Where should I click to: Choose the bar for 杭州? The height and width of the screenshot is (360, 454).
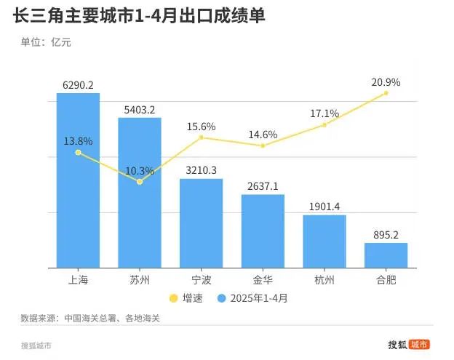[x=324, y=241]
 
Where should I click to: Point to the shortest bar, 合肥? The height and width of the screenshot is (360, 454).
[x=386, y=255]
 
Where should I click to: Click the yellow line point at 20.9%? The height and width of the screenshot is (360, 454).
[x=386, y=93]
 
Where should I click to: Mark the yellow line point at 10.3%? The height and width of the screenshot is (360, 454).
[x=140, y=181]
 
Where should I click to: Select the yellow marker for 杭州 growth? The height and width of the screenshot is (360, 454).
[x=324, y=124]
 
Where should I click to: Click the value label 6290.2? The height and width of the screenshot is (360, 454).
[x=78, y=85]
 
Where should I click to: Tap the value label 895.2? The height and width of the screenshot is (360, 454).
[x=386, y=235]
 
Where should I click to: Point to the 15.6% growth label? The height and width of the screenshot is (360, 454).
[x=202, y=127]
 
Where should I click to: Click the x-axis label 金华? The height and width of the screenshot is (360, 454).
[x=263, y=280]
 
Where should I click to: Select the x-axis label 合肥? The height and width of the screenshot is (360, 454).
[x=386, y=280]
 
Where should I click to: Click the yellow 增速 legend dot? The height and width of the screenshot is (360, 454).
[x=173, y=298]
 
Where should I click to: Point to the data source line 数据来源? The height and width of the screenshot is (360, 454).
[x=90, y=319]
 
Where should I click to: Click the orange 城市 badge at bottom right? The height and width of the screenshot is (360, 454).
[x=419, y=345]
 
